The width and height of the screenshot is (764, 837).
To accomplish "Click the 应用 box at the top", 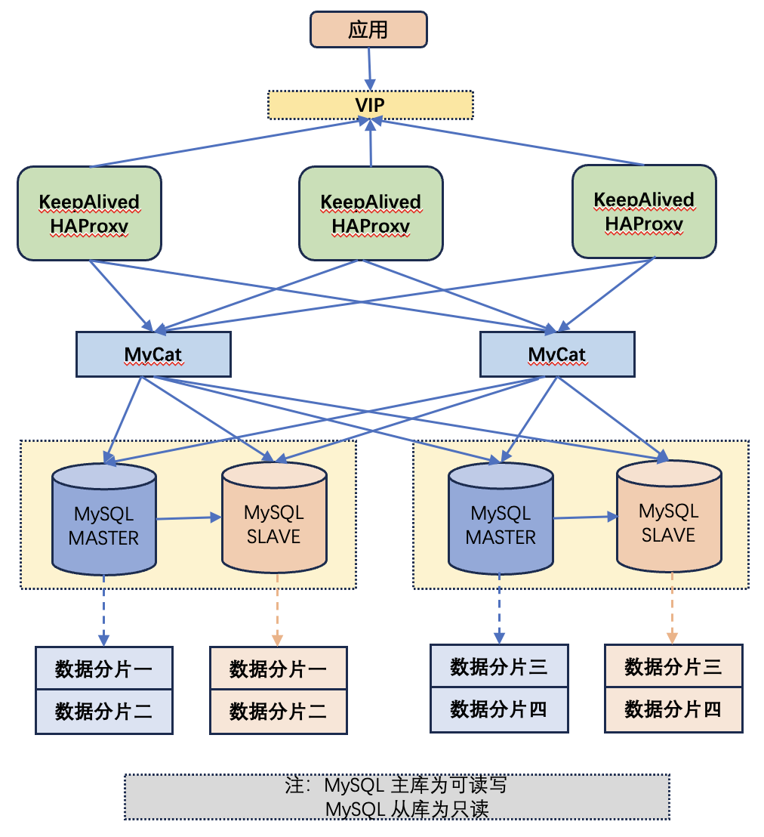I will (368, 29).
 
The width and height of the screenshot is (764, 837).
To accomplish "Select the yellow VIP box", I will (370, 104).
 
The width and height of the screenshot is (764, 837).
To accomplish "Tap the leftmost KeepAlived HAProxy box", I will (89, 214).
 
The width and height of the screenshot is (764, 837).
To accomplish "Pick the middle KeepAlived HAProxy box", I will (371, 214).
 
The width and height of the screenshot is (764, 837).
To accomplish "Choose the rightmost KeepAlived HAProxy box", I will (644, 212).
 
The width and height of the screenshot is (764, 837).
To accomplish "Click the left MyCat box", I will (153, 354).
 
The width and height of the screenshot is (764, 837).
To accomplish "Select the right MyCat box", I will (557, 354).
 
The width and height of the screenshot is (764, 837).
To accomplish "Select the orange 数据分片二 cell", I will (278, 711).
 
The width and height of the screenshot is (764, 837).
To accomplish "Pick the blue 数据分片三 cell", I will (498, 666).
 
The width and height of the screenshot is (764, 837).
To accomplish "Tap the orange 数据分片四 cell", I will (673, 709).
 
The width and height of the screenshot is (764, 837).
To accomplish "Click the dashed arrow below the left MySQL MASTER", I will (104, 608).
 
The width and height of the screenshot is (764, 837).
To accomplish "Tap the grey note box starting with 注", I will (396, 797).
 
